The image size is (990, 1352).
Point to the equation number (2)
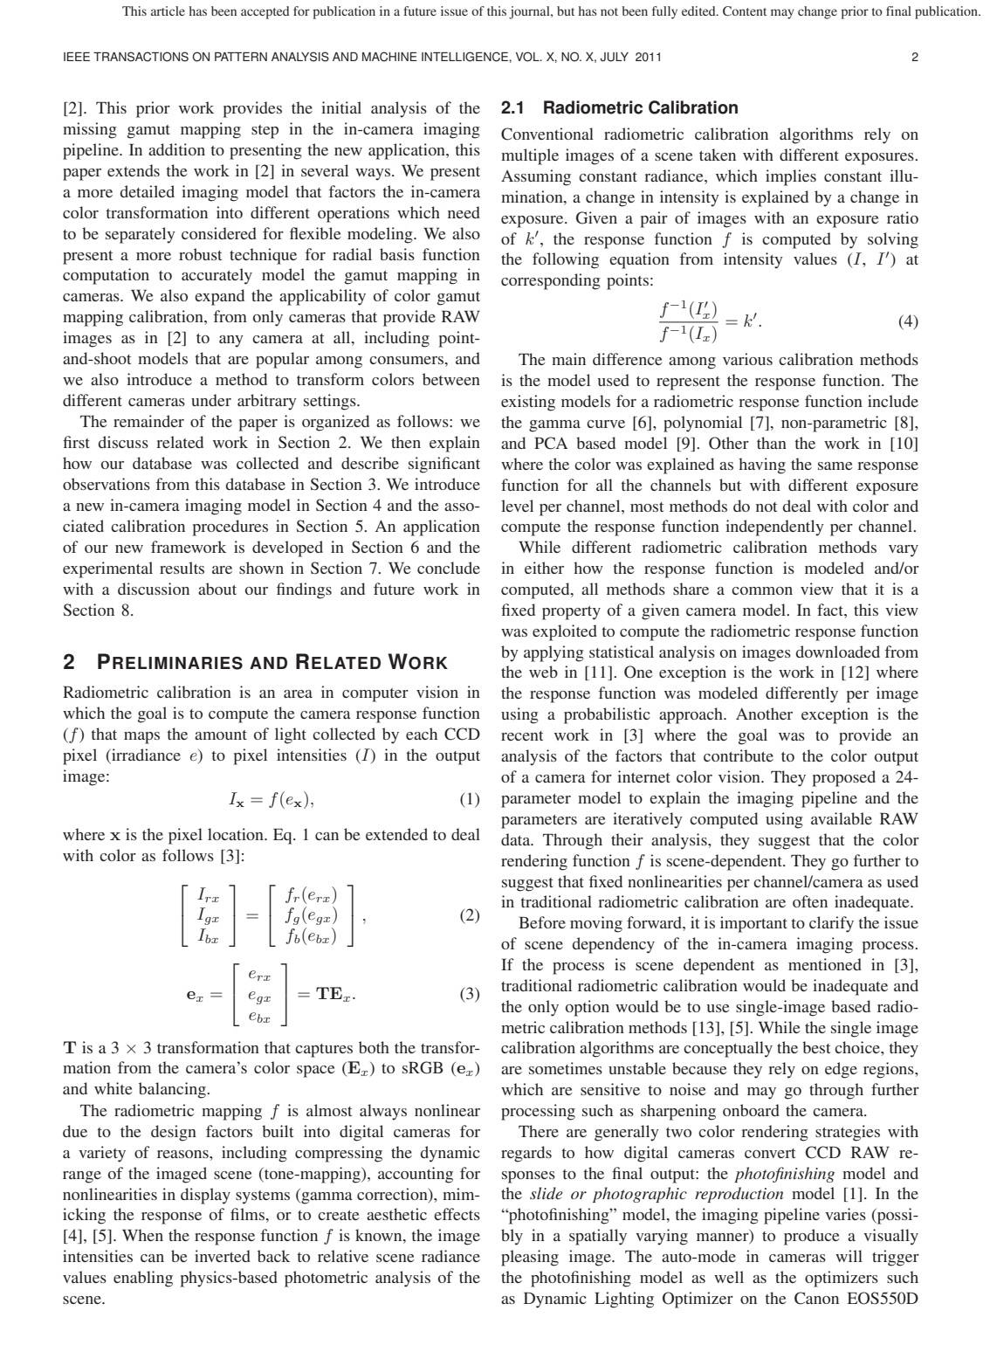click(x=469, y=915)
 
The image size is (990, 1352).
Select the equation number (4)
click(x=908, y=321)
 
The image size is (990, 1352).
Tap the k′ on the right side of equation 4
click(x=753, y=321)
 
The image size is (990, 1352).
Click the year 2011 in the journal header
click(x=649, y=58)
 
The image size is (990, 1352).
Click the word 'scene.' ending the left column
click(x=84, y=1299)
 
